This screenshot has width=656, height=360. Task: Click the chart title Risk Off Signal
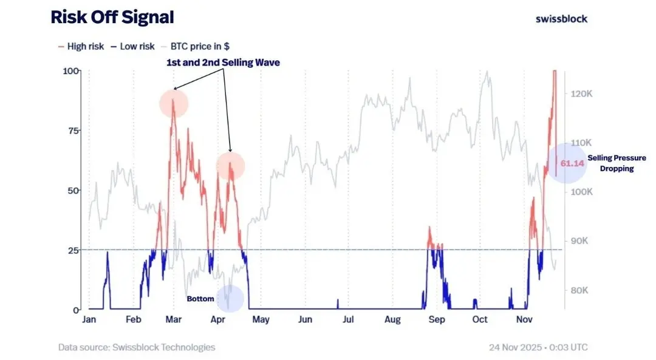[x=112, y=18]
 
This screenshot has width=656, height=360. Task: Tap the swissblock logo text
[x=561, y=18]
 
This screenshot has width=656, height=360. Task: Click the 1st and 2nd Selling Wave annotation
[x=223, y=63]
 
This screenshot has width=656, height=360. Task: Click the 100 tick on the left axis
[x=71, y=71]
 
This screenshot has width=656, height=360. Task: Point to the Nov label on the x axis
[x=524, y=320]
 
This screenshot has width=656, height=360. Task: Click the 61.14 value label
[x=572, y=163]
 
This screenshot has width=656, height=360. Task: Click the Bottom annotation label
[x=200, y=299]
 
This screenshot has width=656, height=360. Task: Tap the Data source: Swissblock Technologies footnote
[x=137, y=347]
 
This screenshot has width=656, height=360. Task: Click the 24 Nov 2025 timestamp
[x=538, y=348]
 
